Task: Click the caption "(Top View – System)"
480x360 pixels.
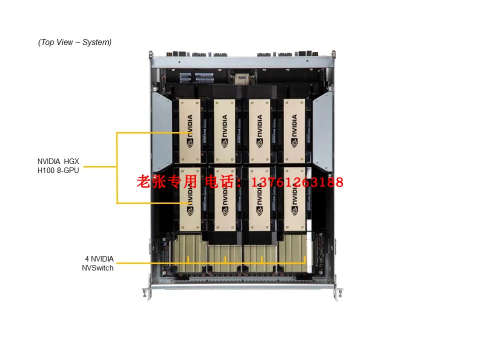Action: (75, 42)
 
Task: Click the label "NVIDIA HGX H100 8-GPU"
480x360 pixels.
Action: (58, 165)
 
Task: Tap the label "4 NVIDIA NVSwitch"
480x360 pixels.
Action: (98, 263)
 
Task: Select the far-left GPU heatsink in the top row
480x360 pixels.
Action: (189, 130)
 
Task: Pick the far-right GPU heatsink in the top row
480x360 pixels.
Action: (294, 130)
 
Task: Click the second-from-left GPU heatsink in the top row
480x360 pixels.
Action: (224, 130)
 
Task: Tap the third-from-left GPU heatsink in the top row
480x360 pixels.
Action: (259, 130)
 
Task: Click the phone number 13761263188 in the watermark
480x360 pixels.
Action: (299, 182)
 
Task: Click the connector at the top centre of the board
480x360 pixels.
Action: (241, 79)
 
